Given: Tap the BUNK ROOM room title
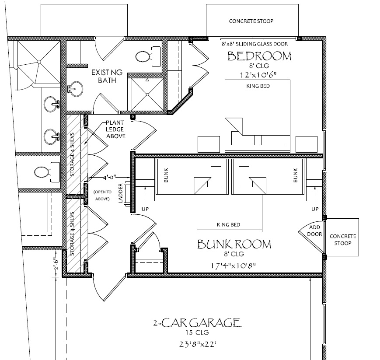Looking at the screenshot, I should (234, 244).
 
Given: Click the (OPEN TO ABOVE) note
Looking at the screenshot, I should (103, 195).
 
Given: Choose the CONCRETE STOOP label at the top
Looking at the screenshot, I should (251, 21).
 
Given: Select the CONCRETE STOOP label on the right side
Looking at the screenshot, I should (343, 239).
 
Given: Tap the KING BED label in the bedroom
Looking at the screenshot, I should (258, 86).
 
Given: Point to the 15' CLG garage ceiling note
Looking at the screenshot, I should (197, 334).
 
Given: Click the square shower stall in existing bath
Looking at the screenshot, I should (147, 94).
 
